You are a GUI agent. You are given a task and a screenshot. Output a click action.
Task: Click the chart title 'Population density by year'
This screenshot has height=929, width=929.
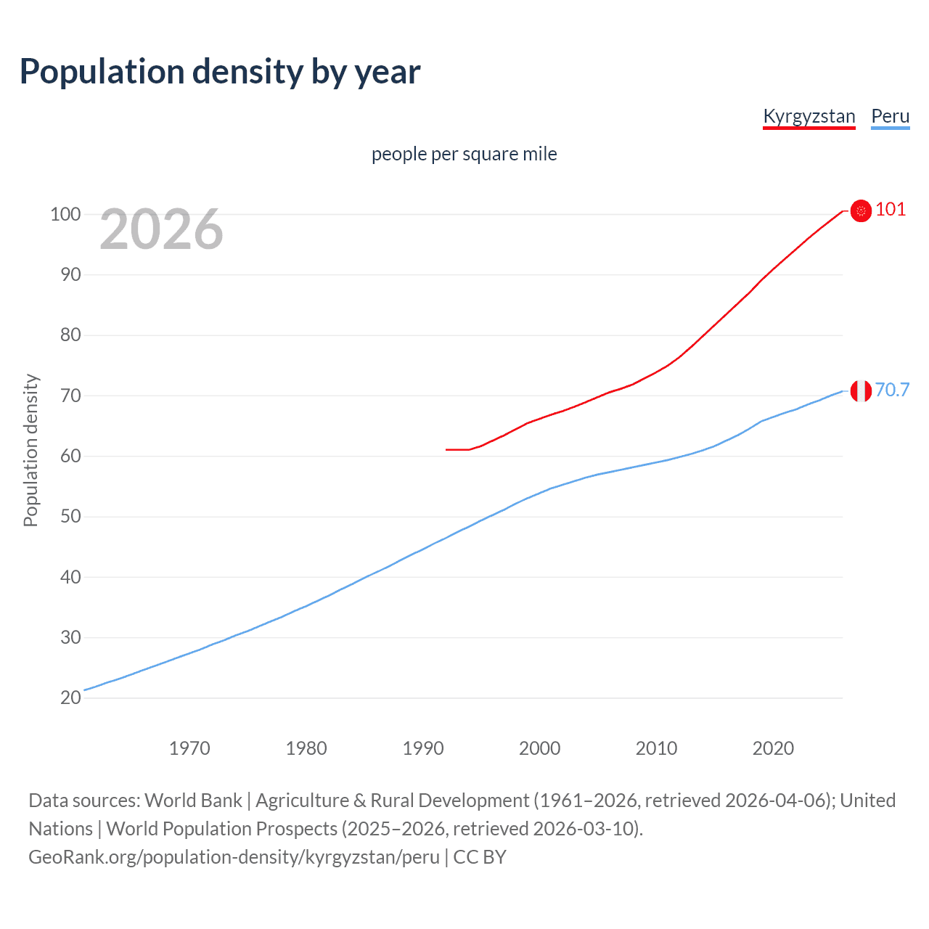tap(220, 72)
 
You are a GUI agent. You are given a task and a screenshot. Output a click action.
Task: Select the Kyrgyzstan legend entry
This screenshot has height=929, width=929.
tap(809, 116)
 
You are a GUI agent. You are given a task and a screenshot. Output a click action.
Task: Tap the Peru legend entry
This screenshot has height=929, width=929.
tap(890, 116)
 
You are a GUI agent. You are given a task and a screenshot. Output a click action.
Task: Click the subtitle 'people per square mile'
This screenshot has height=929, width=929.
tap(464, 154)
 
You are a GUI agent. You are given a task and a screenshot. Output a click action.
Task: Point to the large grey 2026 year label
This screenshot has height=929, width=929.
tap(161, 229)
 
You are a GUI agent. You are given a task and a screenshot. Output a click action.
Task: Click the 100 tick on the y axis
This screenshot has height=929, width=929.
tap(65, 214)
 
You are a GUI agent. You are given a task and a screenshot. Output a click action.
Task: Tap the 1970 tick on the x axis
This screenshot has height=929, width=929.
tap(189, 748)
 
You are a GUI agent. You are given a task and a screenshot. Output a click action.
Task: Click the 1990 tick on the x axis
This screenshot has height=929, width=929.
tap(423, 748)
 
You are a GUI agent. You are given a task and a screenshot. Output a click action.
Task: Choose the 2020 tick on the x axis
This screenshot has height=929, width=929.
tap(773, 748)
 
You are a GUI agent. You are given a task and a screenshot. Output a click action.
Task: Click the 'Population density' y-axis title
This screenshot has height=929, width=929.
tap(30, 450)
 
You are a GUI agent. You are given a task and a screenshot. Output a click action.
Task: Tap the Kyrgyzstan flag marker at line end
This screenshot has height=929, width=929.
tap(861, 210)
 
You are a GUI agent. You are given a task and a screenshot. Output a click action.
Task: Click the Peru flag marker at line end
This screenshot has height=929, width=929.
tap(861, 391)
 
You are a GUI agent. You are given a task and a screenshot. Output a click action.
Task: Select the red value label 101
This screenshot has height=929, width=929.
tap(891, 210)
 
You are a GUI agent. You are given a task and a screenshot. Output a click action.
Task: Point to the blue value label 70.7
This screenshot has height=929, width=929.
tap(892, 390)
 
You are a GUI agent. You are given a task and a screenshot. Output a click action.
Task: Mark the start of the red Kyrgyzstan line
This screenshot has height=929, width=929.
tap(447, 449)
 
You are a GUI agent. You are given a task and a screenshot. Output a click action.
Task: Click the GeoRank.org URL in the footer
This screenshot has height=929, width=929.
tap(234, 857)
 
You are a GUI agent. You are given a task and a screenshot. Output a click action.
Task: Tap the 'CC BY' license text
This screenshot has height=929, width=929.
tap(480, 857)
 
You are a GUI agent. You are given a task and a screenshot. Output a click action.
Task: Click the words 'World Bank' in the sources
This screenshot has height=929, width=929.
tap(193, 801)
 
